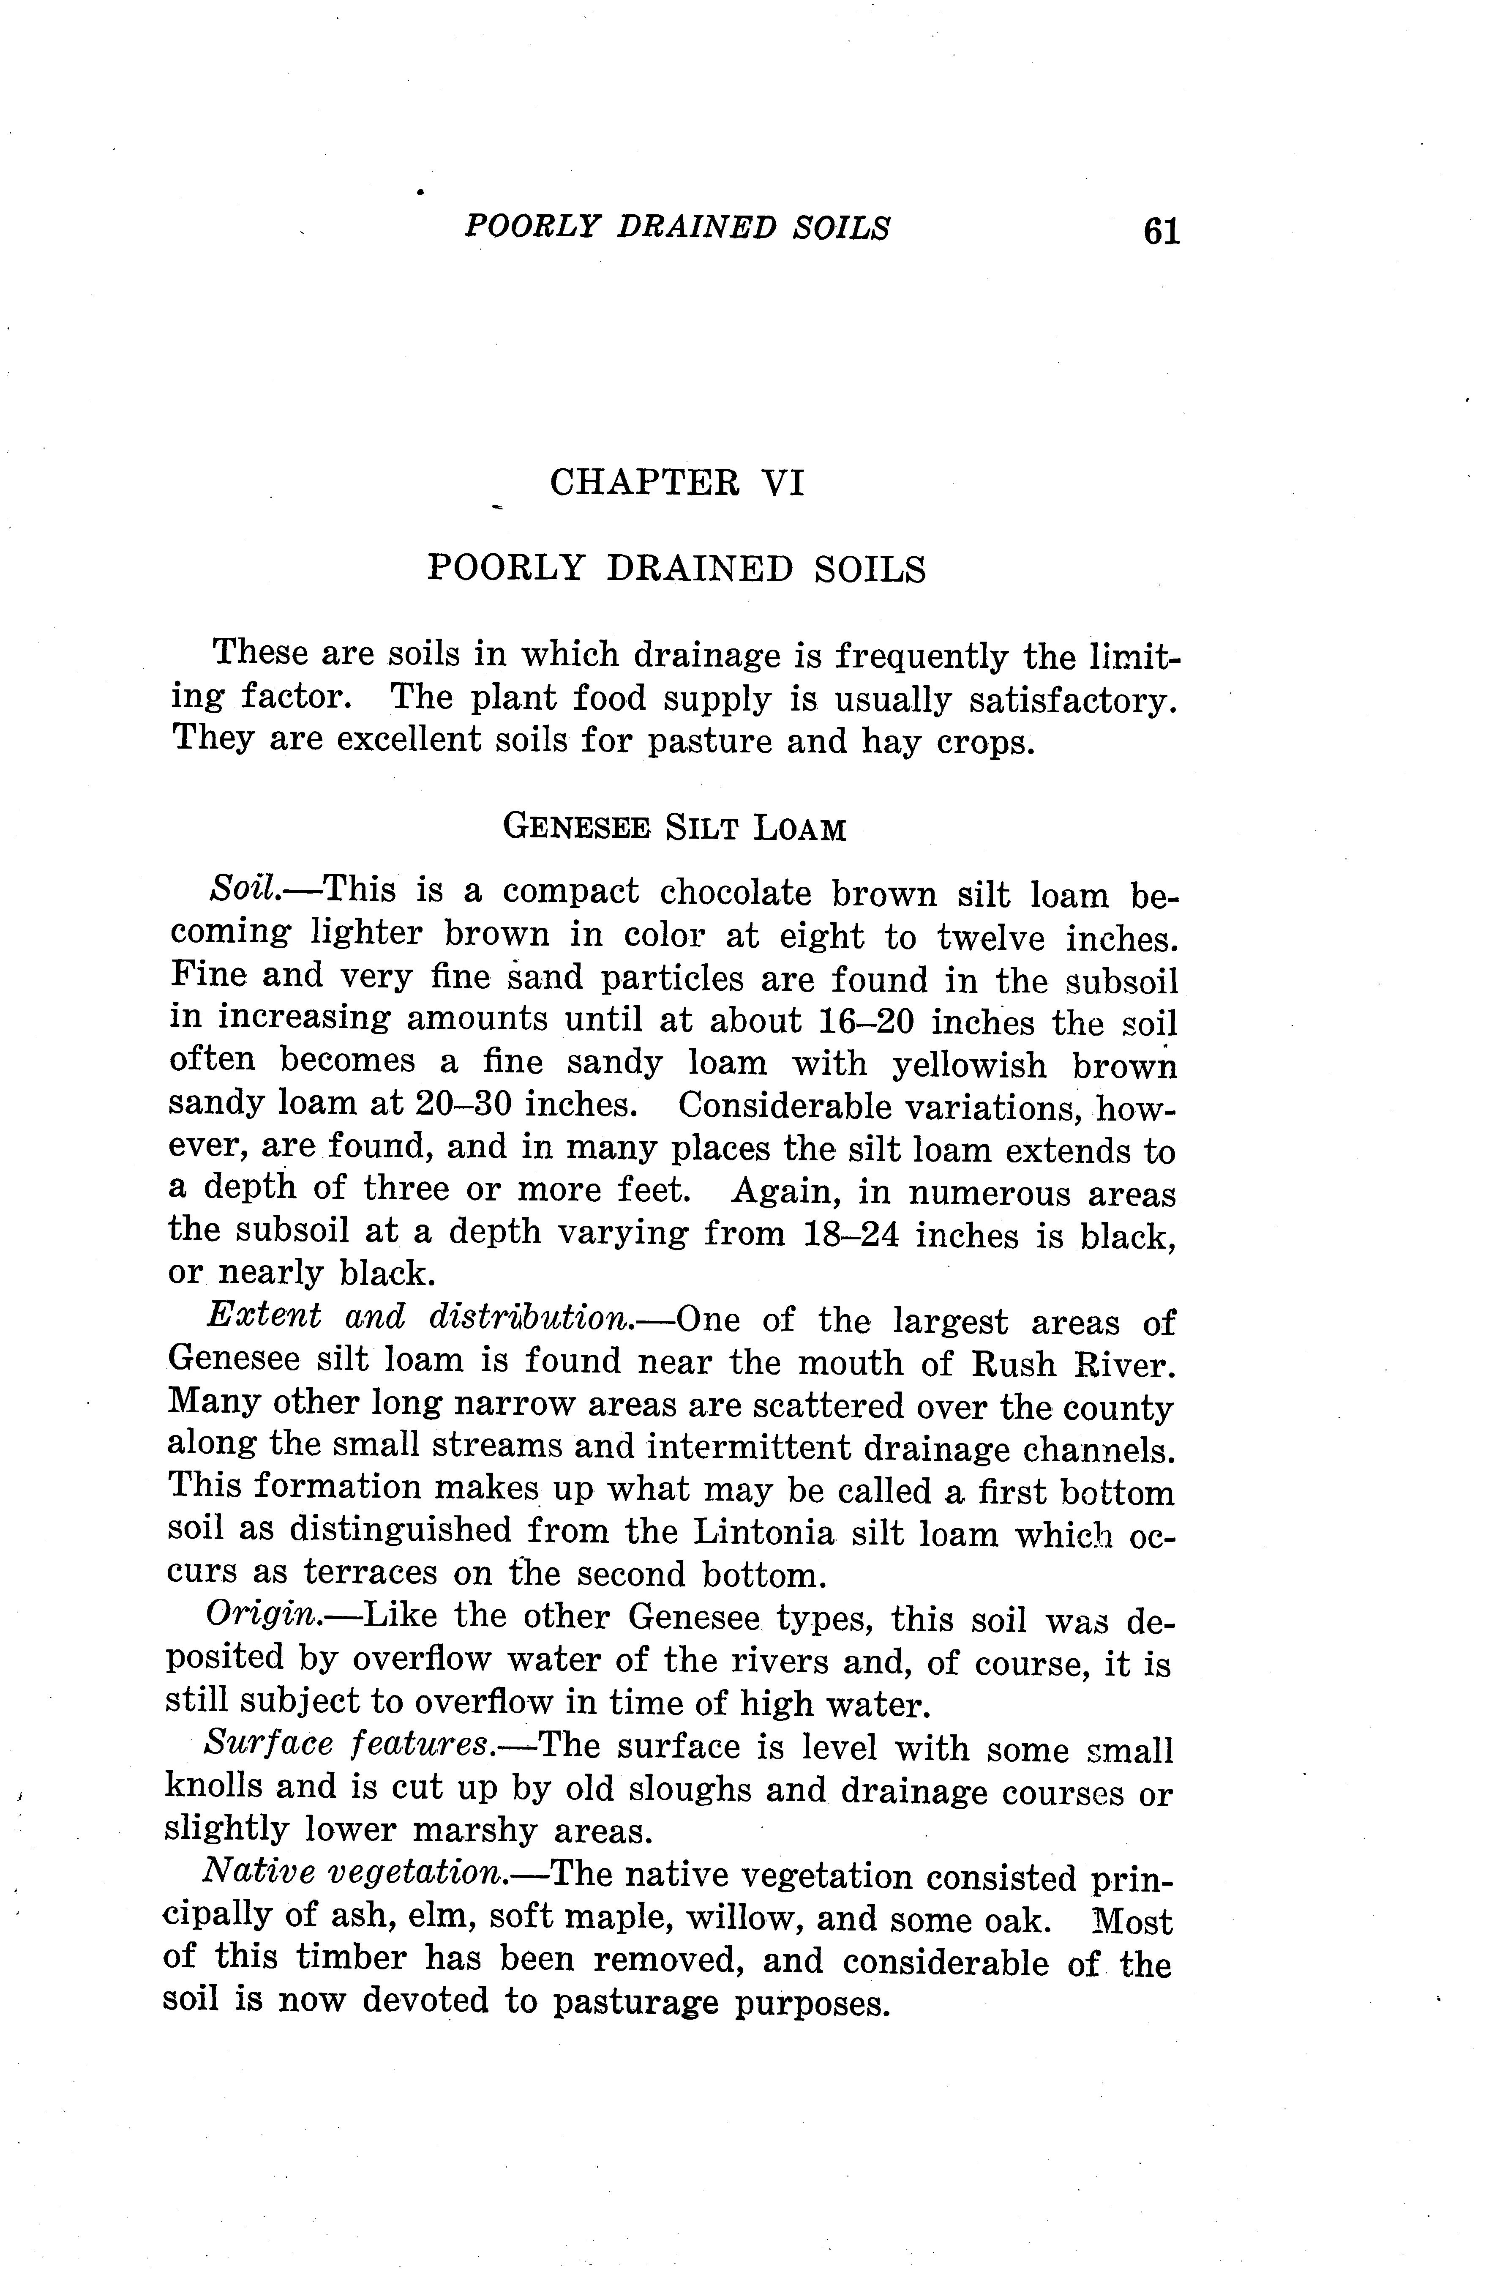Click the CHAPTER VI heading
[x=677, y=482]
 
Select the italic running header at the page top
[x=677, y=227]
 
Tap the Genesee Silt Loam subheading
[x=674, y=827]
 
